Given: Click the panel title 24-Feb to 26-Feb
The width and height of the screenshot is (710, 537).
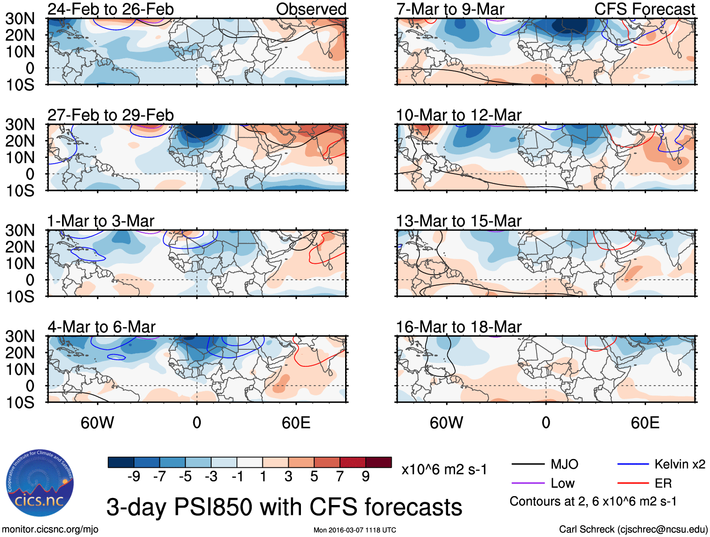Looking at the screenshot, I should tap(110, 9).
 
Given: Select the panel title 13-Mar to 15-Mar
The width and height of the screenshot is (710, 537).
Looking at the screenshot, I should tap(458, 221).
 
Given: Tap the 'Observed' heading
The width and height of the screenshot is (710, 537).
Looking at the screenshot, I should tap(311, 9).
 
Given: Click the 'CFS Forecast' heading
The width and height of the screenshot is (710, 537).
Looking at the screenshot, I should tap(644, 9).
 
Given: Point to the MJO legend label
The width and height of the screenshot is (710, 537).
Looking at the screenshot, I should tap(564, 465).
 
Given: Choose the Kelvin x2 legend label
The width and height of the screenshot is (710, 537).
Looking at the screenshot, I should tap(679, 465).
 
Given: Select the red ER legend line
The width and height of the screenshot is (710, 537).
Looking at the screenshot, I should tap(633, 483).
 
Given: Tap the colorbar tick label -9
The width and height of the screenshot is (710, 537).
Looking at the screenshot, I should tap(134, 477).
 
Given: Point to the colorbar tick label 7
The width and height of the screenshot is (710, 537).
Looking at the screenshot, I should tap(339, 477).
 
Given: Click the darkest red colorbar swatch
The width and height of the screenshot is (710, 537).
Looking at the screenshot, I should tap(379, 462).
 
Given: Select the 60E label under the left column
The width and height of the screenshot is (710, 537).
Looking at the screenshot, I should tap(296, 423).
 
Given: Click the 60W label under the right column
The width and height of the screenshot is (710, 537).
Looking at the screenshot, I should tap(446, 423).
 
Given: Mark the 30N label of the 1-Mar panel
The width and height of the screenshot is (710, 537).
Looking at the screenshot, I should tap(20, 230).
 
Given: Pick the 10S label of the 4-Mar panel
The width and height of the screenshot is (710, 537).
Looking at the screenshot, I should tap(20, 403).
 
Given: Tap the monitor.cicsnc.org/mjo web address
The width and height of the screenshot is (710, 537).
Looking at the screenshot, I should tap(50, 529).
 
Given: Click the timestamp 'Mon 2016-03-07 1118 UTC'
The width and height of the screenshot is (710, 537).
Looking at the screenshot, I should tap(355, 530).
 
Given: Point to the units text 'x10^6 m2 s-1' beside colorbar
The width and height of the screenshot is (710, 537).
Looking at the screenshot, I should tap(444, 469).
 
